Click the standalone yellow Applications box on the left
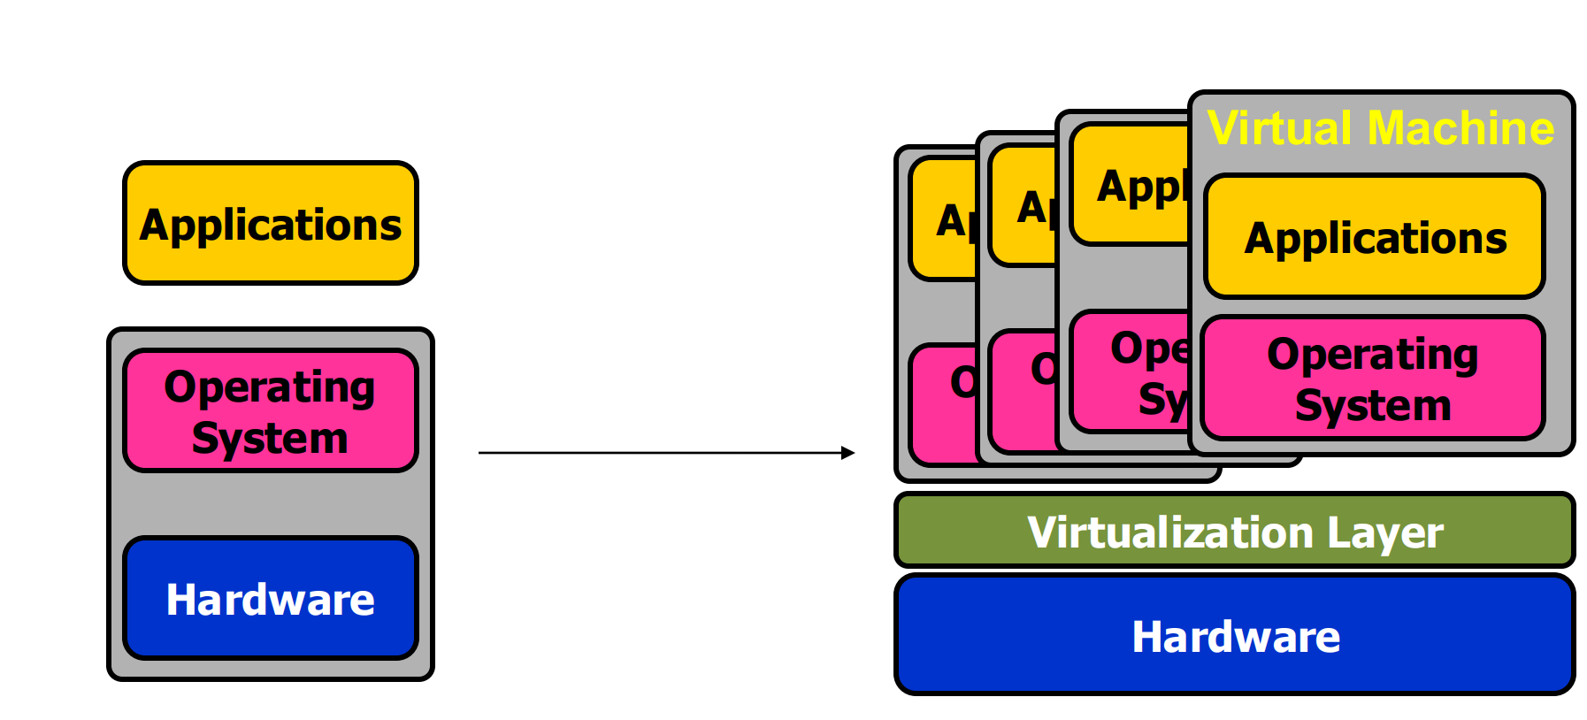pyautogui.click(x=271, y=223)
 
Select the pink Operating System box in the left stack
pyautogui.click(x=271, y=410)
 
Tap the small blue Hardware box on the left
pyautogui.click(x=271, y=598)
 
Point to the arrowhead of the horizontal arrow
pyautogui.click(x=848, y=453)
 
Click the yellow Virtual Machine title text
pyautogui.click(x=1381, y=128)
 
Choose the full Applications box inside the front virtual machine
pyautogui.click(x=1375, y=237)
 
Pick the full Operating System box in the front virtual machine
pyautogui.click(x=1373, y=379)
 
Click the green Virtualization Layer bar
pyautogui.click(x=1235, y=531)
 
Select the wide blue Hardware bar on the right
pyautogui.click(x=1235, y=635)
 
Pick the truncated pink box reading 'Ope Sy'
pyautogui.click(x=1131, y=371)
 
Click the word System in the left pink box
pyautogui.click(x=270, y=438)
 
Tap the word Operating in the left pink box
pyautogui.click(x=270, y=387)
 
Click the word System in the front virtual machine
pyautogui.click(x=1373, y=405)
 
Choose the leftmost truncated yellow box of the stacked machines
pyautogui.click(x=943, y=218)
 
